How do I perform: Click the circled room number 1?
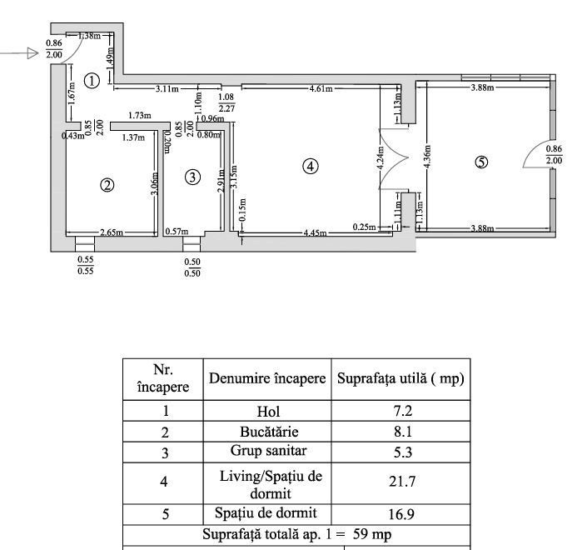tap(92, 81)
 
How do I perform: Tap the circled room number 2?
tap(107, 185)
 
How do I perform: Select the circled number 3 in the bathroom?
tap(192, 177)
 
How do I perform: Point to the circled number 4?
tap(310, 166)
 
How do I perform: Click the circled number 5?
tap(480, 162)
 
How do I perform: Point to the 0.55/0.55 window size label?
tap(84, 264)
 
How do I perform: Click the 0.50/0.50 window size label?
tap(192, 267)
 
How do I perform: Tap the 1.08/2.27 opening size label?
tap(226, 102)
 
